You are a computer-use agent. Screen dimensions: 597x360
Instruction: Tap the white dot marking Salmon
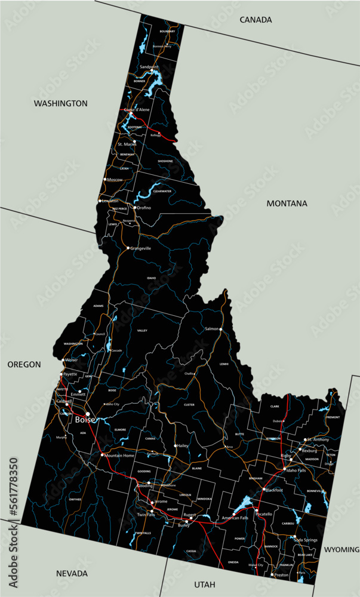pos(221,329)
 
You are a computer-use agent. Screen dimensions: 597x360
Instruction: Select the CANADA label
pos(256,20)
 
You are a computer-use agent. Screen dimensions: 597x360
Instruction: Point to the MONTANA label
pos(287,203)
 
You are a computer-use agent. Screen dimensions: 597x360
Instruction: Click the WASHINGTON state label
pos(60,103)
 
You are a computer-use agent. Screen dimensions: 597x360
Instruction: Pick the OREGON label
pos(24,364)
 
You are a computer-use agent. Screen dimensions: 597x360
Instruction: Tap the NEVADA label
pos(72,573)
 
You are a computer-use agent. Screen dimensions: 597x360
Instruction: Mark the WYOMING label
pos(341,549)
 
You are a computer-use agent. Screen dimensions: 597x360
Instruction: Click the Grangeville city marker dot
pos(128,248)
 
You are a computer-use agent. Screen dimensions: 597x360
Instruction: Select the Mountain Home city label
pos(120,456)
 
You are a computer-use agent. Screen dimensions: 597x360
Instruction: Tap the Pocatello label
pos(263,514)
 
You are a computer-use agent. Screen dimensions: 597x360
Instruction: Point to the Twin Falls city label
pos(146,514)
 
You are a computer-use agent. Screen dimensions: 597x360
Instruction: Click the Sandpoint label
pos(149,67)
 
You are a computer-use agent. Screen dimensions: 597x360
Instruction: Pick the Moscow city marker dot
pos(105,179)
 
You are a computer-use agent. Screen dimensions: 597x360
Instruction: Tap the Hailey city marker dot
pos(176,446)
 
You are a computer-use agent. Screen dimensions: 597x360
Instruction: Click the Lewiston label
pos(110,201)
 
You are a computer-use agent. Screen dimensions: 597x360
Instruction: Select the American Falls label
pos(235,518)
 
